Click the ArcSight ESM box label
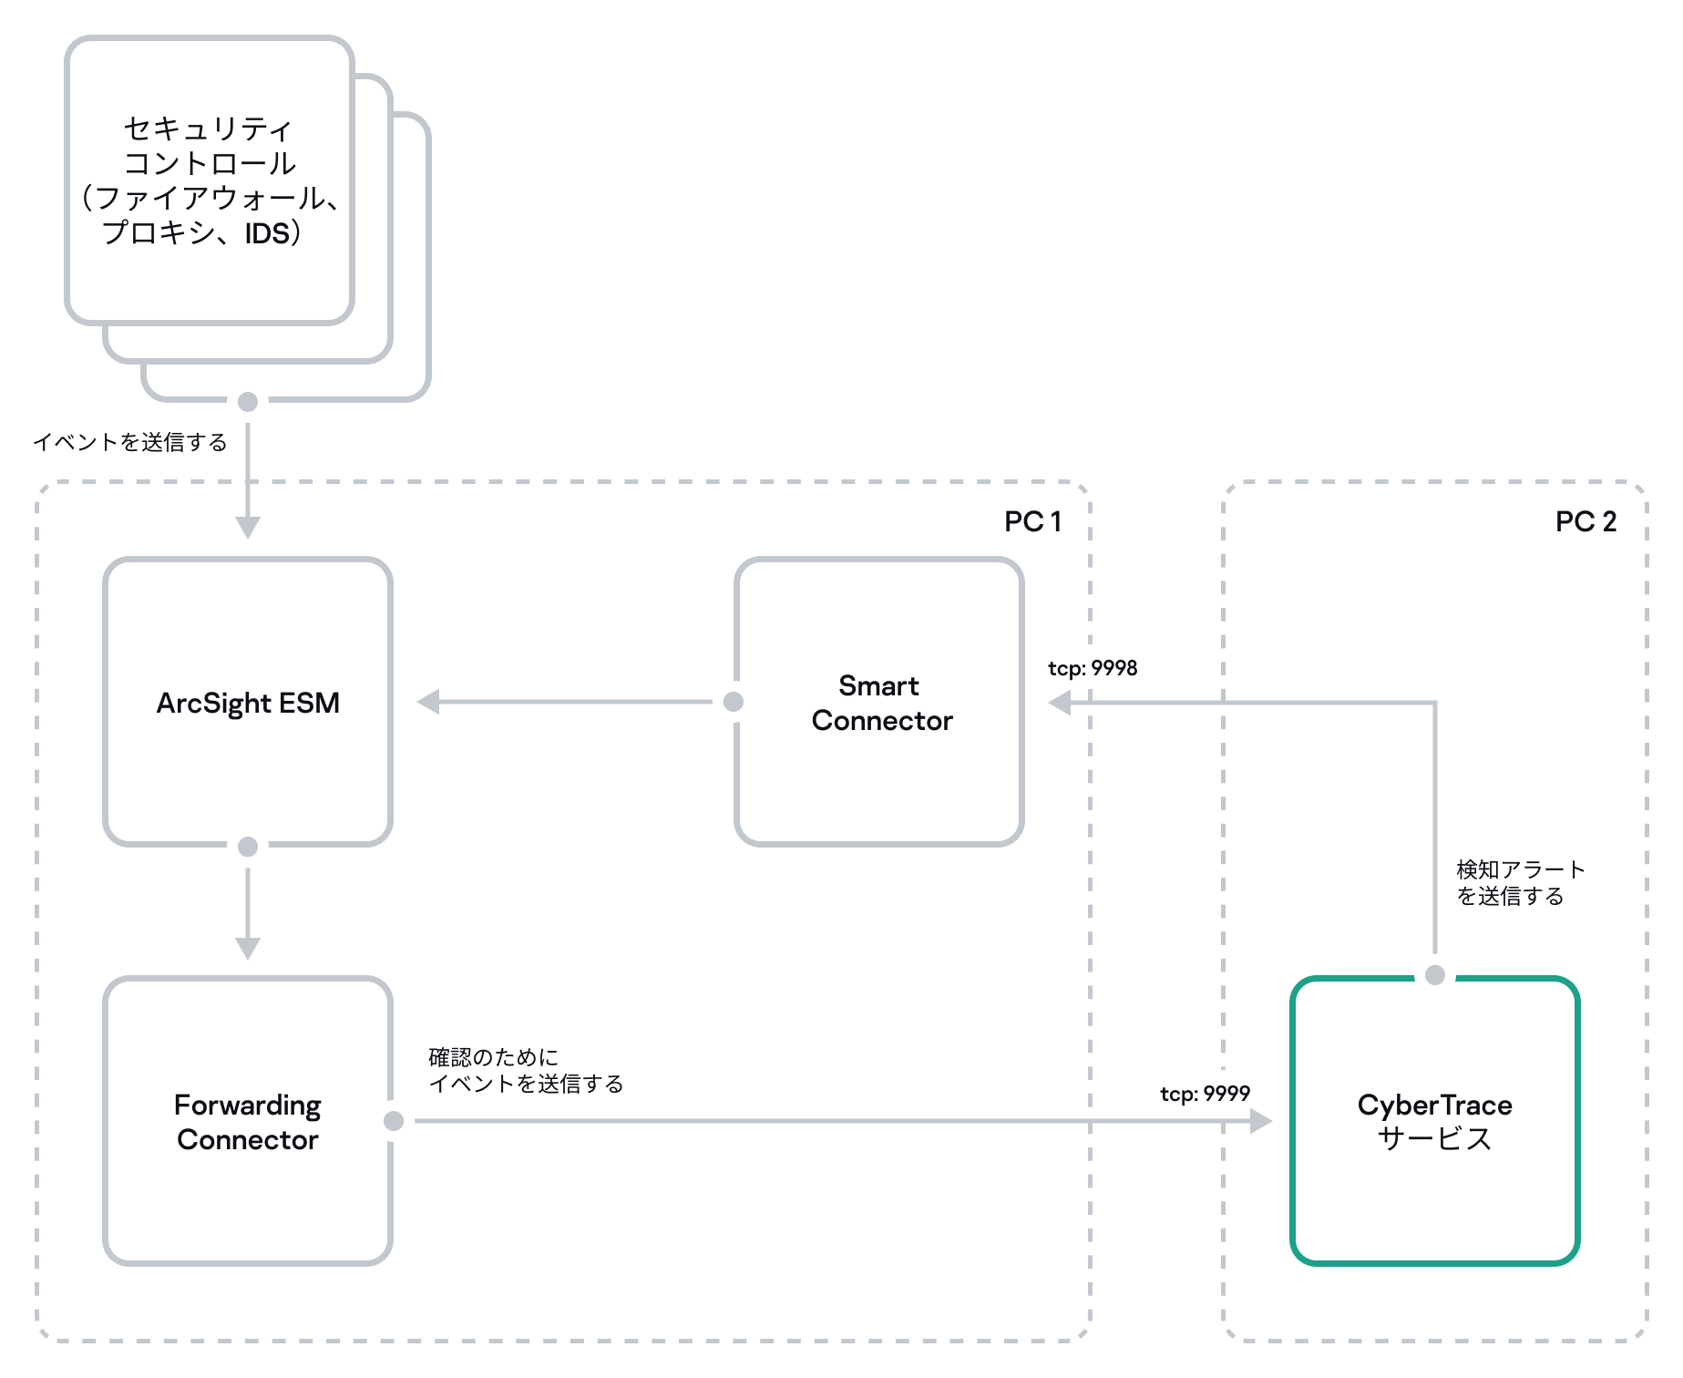coord(248,703)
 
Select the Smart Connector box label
coord(881,703)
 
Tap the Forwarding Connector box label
coord(248,1122)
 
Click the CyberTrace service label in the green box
coord(1434,1122)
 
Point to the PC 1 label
coord(1032,521)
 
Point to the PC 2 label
coord(1586,521)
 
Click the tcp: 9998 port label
coord(1093,668)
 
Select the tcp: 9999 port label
coord(1205,1094)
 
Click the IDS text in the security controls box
coord(267,233)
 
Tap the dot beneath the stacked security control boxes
coord(248,402)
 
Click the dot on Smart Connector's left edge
coord(734,702)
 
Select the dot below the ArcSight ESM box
coord(248,847)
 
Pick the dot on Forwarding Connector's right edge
coord(394,1121)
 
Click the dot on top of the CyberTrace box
coord(1435,975)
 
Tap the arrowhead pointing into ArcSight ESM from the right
coord(428,702)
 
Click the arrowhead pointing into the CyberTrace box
coord(1261,1121)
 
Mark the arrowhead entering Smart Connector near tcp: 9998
coord(1060,703)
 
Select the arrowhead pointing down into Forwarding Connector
coord(248,948)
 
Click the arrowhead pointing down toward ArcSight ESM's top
coord(248,528)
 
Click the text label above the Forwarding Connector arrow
coord(526,1071)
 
